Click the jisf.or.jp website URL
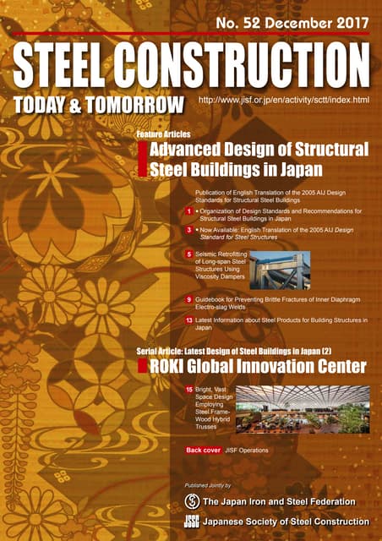point(283,101)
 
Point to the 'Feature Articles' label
point(163,134)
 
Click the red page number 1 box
point(189,210)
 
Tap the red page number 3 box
point(189,229)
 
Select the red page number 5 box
point(189,254)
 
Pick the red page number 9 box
point(189,300)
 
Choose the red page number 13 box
point(189,320)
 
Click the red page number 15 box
point(189,389)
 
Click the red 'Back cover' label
point(204,451)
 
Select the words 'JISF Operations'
point(247,451)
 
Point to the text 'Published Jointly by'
point(207,486)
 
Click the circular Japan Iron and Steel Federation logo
point(192,502)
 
